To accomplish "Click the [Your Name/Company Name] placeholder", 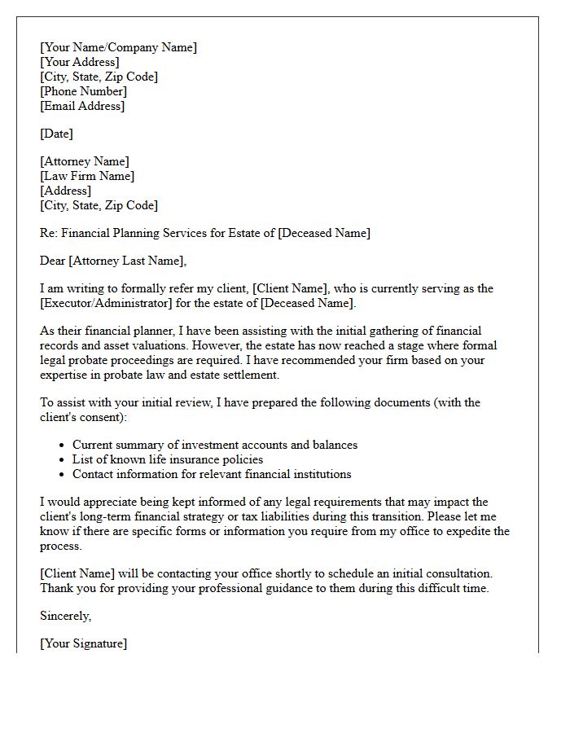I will pyautogui.click(x=118, y=47).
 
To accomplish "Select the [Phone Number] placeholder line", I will pyautogui.click(x=83, y=91).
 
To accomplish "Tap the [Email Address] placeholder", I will pyautogui.click(x=82, y=106).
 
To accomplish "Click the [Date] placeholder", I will pyautogui.click(x=56, y=134).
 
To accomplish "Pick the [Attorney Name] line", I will pyautogui.click(x=84, y=161).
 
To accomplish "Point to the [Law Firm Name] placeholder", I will pyautogui.click(x=87, y=176).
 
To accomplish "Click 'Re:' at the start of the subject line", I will pyautogui.click(x=48, y=233).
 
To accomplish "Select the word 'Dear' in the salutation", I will pyautogui.click(x=52, y=261).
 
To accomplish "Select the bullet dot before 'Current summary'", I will pyautogui.click(x=63, y=446).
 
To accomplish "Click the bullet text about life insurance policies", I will pyautogui.click(x=167, y=459).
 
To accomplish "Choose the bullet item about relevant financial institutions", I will pyautogui.click(x=212, y=474).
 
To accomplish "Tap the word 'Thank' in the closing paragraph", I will pyautogui.click(x=56, y=588).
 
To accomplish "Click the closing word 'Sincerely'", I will pyautogui.click(x=65, y=616).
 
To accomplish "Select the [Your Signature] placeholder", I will pyautogui.click(x=83, y=643).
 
